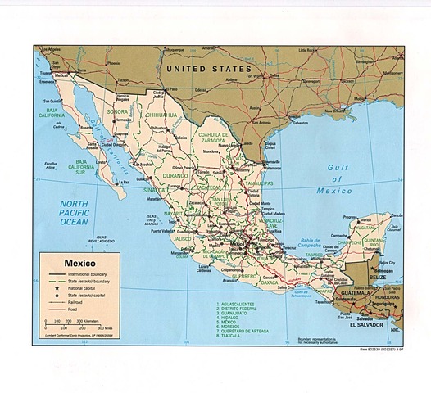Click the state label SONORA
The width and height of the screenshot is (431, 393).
coord(118,111)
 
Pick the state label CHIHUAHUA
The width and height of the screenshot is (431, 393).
coord(161,115)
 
